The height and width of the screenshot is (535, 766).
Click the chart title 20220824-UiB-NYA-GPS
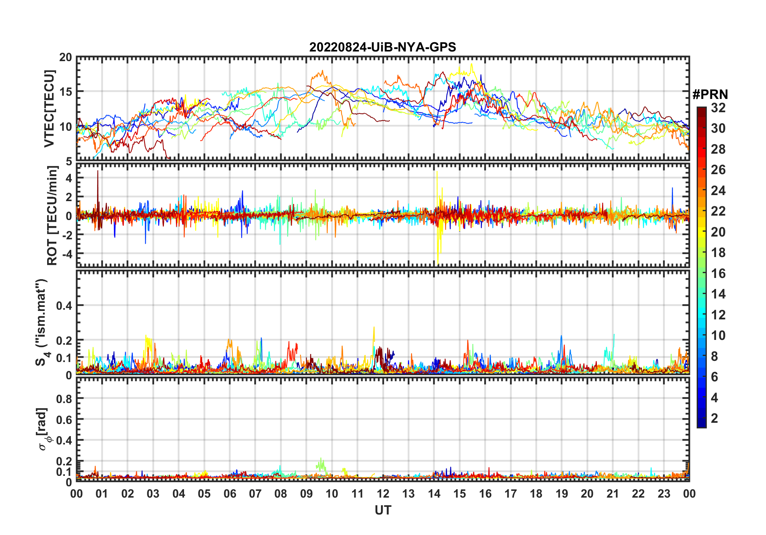383,47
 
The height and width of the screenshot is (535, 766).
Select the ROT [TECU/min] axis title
52,216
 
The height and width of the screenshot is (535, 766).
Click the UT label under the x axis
383,510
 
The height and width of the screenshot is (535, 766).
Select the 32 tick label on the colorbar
718,108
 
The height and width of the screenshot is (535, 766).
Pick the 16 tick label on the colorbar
718,274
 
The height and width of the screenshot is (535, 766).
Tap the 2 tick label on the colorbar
714,418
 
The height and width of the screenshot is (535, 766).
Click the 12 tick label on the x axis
383,494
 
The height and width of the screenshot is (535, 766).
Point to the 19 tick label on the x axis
562,494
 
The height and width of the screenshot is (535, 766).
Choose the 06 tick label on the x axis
230,494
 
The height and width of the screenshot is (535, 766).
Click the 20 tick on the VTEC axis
66,58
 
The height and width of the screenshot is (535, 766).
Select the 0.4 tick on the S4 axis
64,306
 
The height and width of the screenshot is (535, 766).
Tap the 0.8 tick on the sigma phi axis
64,399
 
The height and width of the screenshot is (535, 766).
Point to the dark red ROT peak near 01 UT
97,173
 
